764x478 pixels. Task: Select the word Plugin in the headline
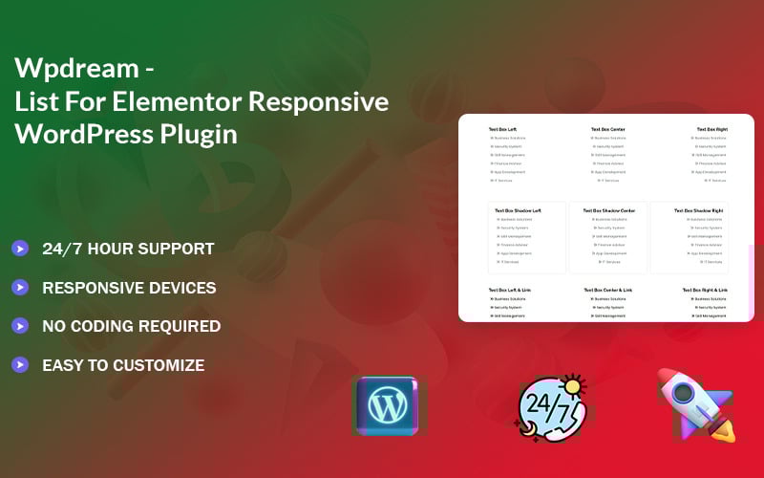[x=193, y=134]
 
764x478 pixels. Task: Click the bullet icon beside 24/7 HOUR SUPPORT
[x=20, y=249]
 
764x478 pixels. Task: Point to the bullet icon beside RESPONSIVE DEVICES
[x=20, y=287]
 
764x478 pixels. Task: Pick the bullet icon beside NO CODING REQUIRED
[x=20, y=326]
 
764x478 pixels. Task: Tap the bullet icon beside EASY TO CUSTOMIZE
[x=20, y=364]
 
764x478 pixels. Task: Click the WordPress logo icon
[x=388, y=405]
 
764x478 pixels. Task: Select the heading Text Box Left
[x=502, y=128]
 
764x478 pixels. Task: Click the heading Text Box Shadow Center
[x=607, y=210]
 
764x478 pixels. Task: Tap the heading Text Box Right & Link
[x=705, y=289]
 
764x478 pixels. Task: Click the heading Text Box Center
[x=607, y=128]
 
